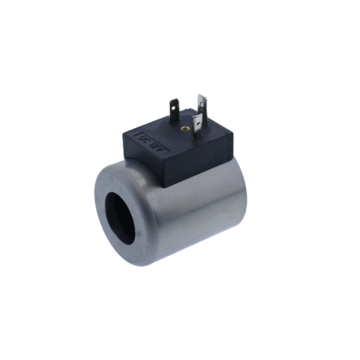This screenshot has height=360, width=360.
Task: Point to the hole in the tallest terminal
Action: click(202, 104)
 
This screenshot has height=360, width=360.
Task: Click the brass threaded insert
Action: click(184, 128)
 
